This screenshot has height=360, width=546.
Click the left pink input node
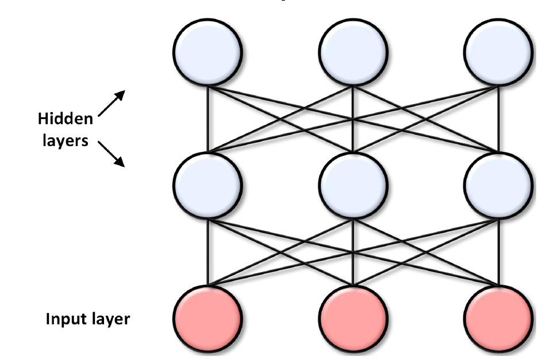tap(207, 317)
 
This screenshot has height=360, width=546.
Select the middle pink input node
tap(353, 317)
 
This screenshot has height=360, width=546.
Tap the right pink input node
tap(498, 317)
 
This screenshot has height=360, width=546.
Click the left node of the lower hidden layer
tap(207, 185)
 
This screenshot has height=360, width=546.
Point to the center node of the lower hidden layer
tap(353, 185)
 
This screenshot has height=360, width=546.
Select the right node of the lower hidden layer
tap(498, 185)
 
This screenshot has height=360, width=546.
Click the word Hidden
tap(65, 120)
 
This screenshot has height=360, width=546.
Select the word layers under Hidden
tap(64, 140)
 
